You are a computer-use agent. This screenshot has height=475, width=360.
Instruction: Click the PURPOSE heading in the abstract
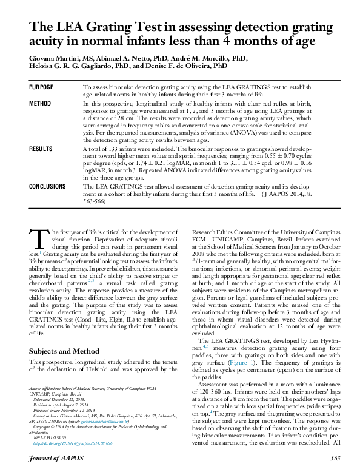[41, 87]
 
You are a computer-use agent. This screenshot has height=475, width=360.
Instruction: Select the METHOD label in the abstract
[40, 104]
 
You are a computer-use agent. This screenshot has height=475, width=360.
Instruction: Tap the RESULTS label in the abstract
[41, 149]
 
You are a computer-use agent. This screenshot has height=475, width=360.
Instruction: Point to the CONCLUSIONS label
[48, 186]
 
